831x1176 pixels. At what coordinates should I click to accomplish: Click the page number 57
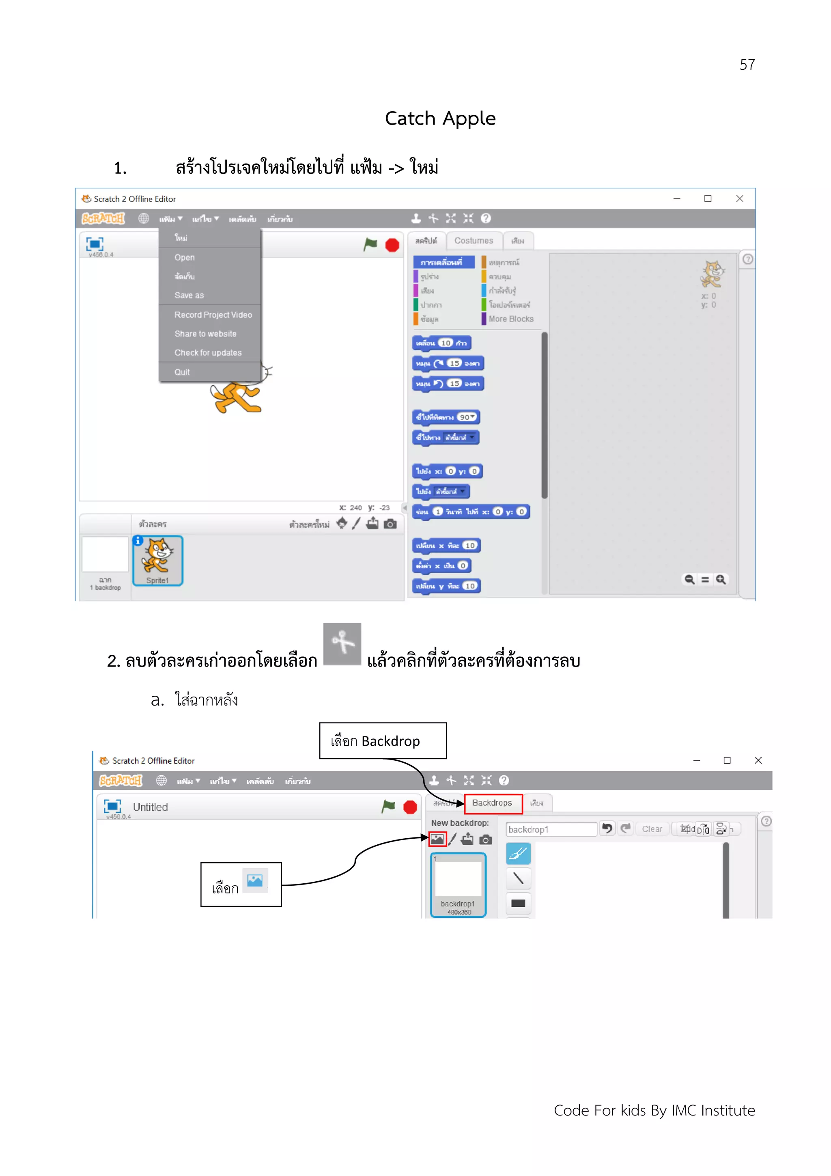[747, 65]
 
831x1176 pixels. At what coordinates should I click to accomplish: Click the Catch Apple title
[440, 118]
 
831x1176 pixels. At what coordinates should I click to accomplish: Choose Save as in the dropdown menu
[189, 295]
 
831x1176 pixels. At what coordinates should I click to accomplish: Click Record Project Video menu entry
[213, 315]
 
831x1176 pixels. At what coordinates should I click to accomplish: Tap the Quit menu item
[182, 372]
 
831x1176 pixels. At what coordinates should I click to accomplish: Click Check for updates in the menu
[208, 352]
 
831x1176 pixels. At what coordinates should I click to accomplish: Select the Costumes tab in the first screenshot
[474, 240]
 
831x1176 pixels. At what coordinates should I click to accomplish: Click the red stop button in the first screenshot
[392, 245]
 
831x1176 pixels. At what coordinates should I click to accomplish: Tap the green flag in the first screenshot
[370, 244]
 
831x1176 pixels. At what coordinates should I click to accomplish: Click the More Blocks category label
[510, 319]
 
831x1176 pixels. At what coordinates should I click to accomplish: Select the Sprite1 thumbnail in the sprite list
[158, 560]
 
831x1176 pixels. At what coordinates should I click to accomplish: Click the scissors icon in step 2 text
[342, 643]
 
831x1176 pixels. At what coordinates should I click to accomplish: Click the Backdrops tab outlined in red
[493, 803]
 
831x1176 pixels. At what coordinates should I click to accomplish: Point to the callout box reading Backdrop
[383, 741]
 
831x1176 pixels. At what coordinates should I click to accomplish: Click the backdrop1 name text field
[551, 829]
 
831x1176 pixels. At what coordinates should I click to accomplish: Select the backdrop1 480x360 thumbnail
[458, 885]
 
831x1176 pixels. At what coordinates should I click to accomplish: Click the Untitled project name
[150, 807]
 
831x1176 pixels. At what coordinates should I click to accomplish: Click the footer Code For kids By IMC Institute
[654, 1110]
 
